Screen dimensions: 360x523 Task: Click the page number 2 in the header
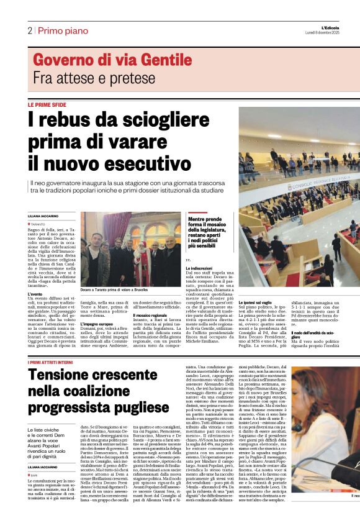tap(29, 30)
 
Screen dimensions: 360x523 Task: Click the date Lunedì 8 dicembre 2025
tap(331, 32)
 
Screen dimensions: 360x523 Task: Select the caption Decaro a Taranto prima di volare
tap(114, 272)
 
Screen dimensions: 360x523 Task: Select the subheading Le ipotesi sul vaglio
tap(256, 302)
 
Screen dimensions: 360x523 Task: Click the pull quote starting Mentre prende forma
tap(211, 231)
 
